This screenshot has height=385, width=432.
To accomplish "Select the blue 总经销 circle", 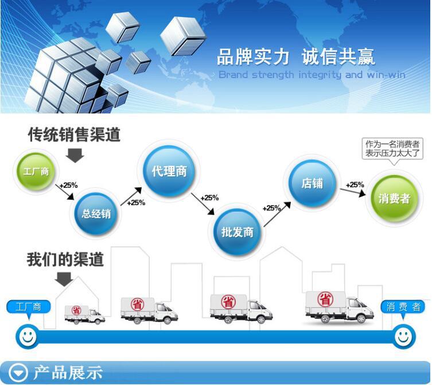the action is (x=96, y=213).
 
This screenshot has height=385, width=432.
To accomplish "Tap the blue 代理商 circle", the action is (x=169, y=171).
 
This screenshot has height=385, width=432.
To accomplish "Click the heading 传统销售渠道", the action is (x=75, y=135).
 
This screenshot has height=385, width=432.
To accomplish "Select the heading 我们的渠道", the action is (x=65, y=260).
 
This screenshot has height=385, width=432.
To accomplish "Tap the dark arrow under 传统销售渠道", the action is (x=75, y=155).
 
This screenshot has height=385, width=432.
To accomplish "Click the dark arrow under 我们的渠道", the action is (x=64, y=279).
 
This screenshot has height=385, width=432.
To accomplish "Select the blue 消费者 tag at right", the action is (x=403, y=307).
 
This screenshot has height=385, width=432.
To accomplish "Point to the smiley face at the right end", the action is (x=404, y=336).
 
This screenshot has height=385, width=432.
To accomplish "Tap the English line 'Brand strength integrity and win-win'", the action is (x=312, y=75).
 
